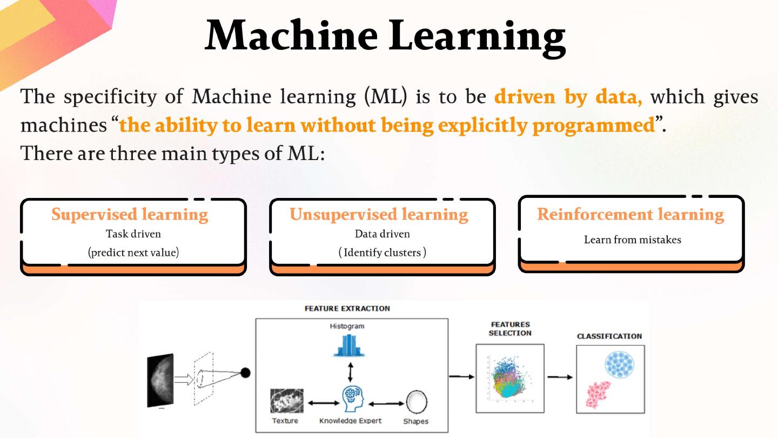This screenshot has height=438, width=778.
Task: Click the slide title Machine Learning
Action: click(386, 37)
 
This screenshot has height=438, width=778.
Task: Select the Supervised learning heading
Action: click(130, 215)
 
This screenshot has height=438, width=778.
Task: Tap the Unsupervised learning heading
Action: click(379, 215)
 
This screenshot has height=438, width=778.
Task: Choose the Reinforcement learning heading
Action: click(631, 215)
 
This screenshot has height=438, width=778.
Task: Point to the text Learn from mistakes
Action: click(633, 240)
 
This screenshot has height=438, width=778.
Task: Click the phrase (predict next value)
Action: click(133, 253)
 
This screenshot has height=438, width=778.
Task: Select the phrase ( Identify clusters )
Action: click(382, 253)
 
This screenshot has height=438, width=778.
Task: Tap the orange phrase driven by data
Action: click(568, 97)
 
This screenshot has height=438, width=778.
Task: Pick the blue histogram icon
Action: click(349, 346)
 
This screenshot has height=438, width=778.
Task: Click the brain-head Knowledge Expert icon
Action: click(353, 399)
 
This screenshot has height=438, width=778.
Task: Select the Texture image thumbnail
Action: click(286, 401)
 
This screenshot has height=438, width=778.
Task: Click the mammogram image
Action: click(160, 380)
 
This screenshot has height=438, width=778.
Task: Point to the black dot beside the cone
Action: click(245, 373)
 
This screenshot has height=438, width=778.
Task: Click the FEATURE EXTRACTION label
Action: click(347, 308)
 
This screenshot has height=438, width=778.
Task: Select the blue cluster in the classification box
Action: click(620, 364)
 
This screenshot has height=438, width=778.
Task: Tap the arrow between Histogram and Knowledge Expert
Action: click(350, 372)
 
